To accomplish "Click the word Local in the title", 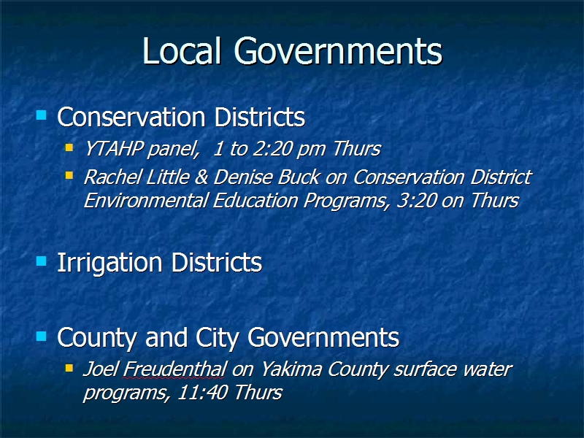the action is coord(182,50).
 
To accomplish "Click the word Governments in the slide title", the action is coord(338,50).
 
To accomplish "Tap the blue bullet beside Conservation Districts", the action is coord(42,115).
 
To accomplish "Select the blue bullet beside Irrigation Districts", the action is coord(42,261).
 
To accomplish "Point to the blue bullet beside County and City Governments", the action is coord(42,337).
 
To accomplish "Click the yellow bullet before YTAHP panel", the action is coord(69,147).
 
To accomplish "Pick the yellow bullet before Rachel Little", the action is coord(69,175).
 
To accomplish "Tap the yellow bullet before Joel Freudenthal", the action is coord(69,368).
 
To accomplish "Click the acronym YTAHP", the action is coord(114,149).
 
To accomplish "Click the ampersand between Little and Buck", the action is coord(201,177).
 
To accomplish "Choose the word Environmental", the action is coord(145,200).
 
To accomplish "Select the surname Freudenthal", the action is coord(174,369).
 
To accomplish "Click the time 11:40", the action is coord(202,392).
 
